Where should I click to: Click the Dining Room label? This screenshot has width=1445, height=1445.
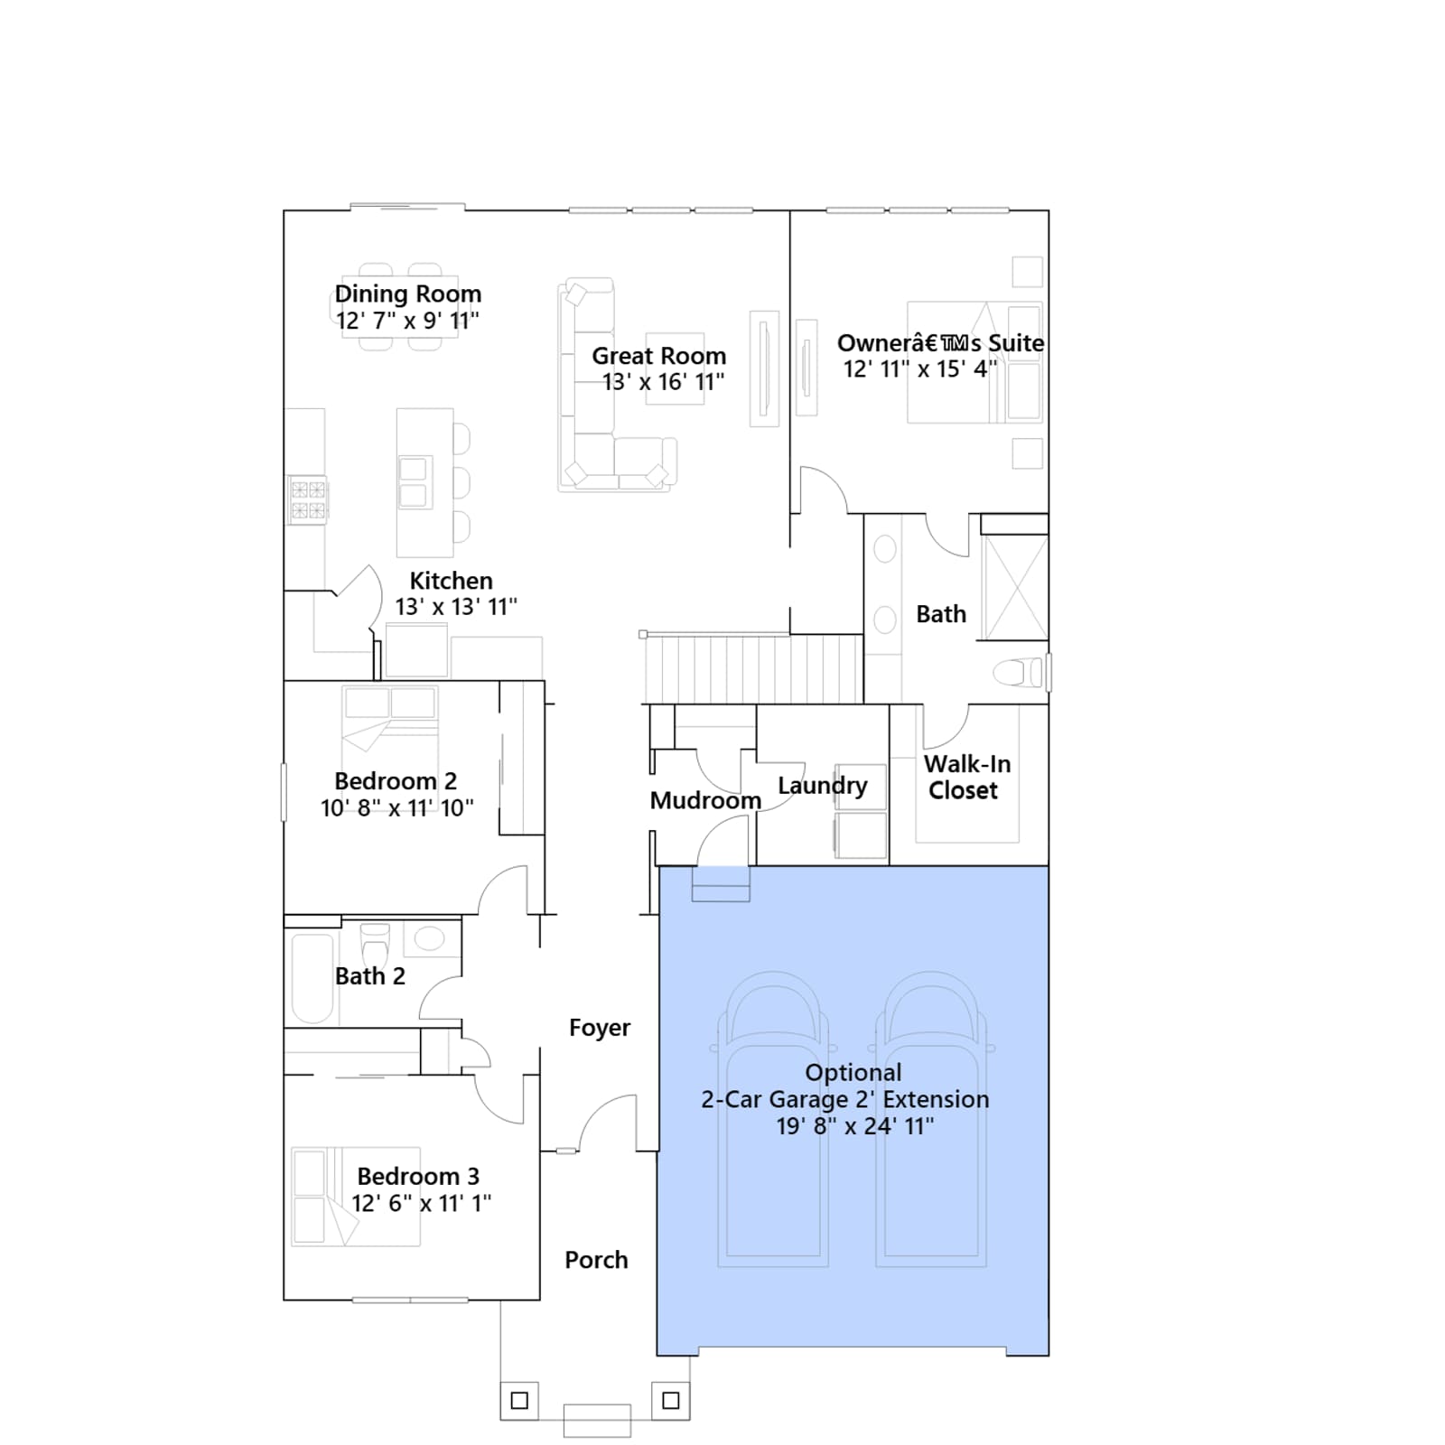(408, 294)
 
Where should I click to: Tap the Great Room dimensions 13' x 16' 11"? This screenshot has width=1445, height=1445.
(664, 382)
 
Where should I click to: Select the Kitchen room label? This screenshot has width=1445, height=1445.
(451, 581)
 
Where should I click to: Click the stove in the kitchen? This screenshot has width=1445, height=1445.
(307, 499)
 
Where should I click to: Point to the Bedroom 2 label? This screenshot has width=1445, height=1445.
(396, 781)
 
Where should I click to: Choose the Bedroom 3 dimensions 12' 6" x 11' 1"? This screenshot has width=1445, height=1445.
(421, 1203)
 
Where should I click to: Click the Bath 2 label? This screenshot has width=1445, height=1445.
(369, 976)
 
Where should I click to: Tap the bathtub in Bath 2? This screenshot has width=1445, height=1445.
(312, 979)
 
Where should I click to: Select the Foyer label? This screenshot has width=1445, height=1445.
(600, 1028)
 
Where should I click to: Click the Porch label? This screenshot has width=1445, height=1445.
(596, 1260)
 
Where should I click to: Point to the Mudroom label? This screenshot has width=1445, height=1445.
(705, 801)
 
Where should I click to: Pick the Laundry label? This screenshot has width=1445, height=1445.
(822, 786)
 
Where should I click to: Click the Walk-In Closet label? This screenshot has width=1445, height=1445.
(965, 777)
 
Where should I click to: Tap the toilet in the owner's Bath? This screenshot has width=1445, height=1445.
(1018, 673)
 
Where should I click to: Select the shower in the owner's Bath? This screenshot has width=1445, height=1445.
(1014, 588)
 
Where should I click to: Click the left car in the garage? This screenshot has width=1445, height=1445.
(772, 1120)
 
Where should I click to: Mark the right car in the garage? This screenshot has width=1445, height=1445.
(931, 1120)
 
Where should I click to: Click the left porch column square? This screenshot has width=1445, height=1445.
(519, 1401)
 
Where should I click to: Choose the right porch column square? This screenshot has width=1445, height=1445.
(671, 1401)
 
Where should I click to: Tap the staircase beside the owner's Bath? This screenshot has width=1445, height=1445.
(753, 668)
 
